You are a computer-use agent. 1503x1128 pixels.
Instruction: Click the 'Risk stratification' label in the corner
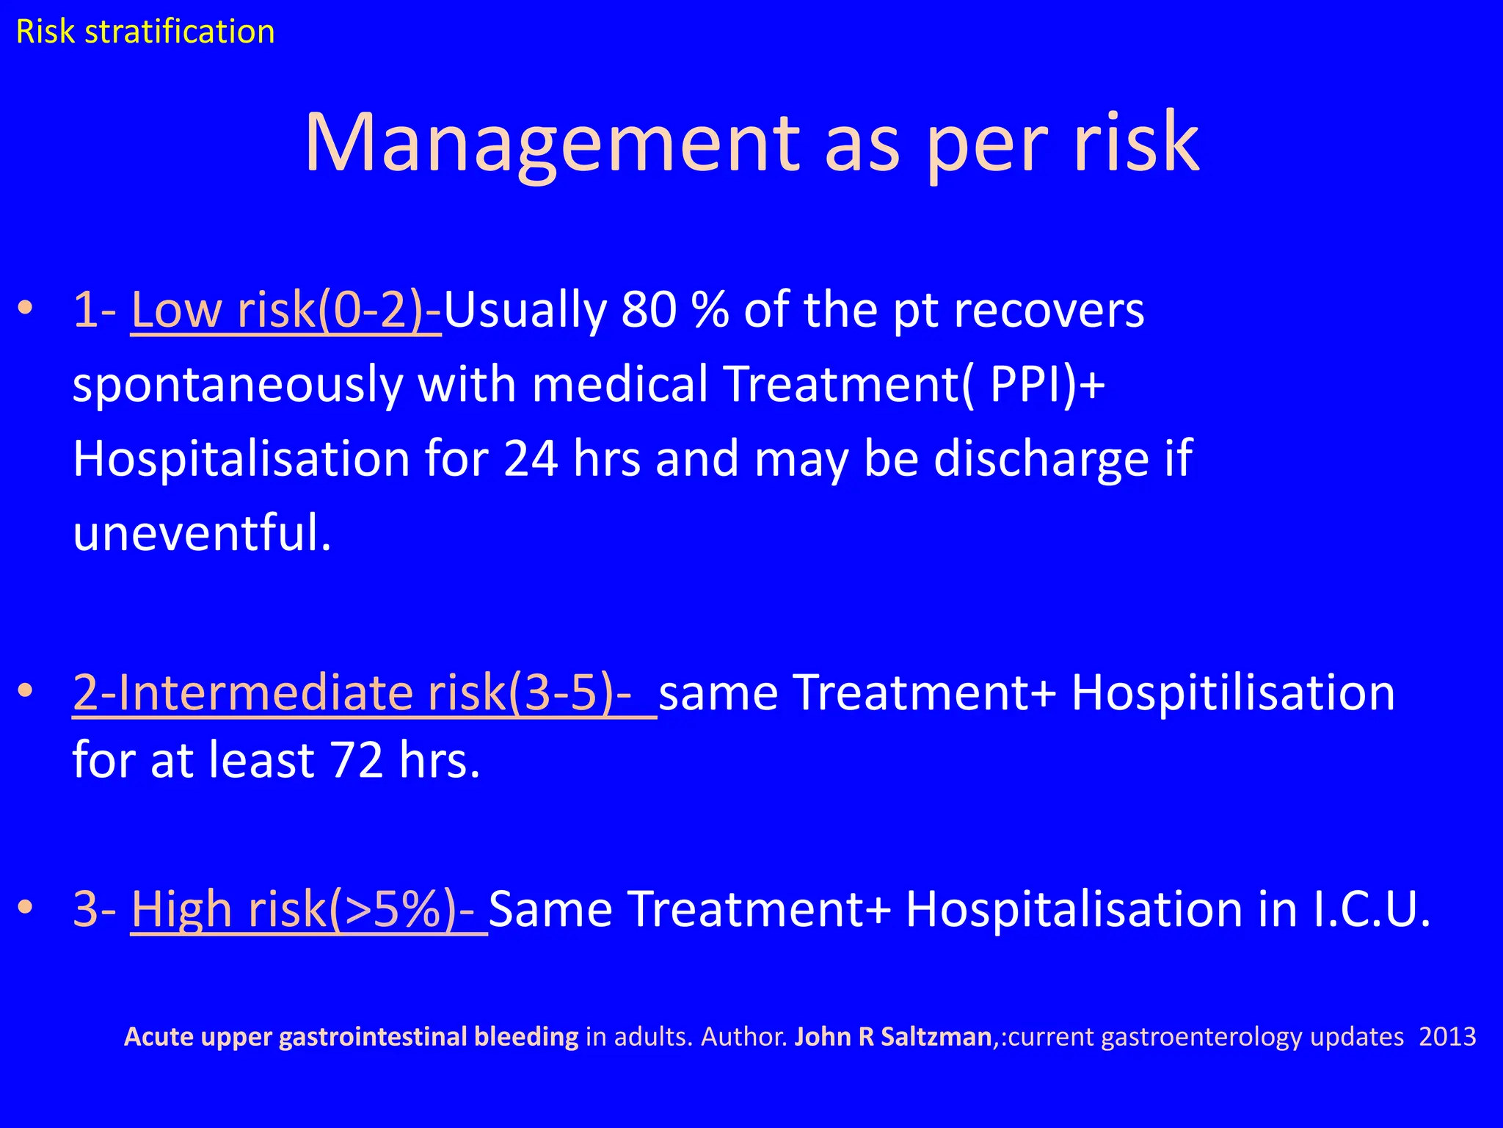pos(145,32)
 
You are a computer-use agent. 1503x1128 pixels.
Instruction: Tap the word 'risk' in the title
pos(1136,142)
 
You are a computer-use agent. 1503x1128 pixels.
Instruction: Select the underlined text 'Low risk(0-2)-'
pos(286,310)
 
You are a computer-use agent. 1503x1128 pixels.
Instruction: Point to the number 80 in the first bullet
pos(648,310)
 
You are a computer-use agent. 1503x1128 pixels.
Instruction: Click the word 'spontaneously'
pos(238,385)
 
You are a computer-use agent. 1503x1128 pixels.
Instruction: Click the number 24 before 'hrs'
pos(531,459)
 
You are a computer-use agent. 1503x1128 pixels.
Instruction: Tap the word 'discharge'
pos(1041,459)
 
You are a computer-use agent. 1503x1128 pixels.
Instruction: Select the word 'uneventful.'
pos(203,533)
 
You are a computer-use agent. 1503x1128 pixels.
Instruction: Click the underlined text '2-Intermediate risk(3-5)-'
pos(364,693)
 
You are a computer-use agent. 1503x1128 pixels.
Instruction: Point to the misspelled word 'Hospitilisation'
pos(1233,693)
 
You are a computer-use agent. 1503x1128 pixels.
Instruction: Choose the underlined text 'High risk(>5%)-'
pos(308,909)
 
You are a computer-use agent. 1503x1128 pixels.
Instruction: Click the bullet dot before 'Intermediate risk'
pos(26,691)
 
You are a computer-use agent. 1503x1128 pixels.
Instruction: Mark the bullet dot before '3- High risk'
pos(26,908)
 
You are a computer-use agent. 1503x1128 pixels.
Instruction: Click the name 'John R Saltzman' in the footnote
pos(893,1037)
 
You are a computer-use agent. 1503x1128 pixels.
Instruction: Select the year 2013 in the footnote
pos(1447,1037)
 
